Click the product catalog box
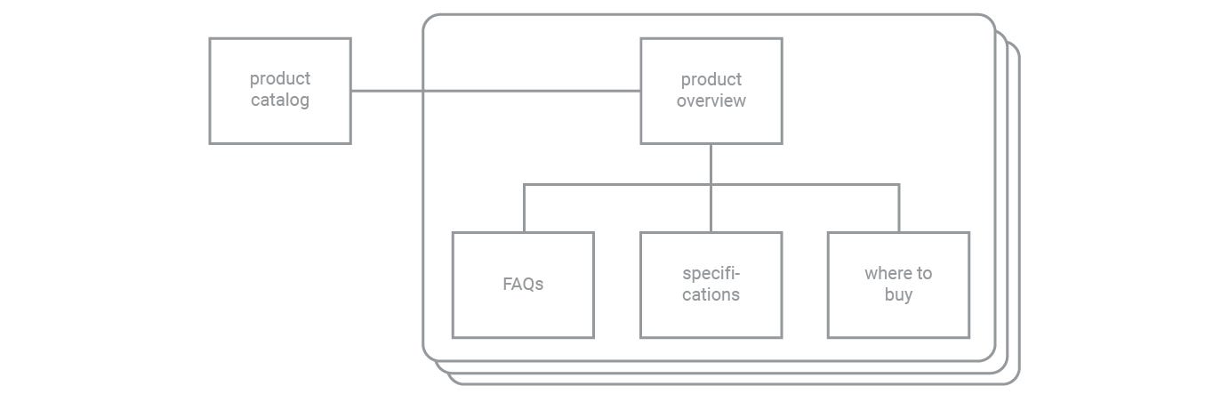coord(280,125)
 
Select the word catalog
coord(280,100)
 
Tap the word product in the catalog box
coord(280,79)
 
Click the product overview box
coord(711,125)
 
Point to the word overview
coord(711,100)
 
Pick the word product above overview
coord(711,80)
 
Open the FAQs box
coord(523,316)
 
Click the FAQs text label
coord(523,285)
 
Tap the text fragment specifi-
coord(711,273)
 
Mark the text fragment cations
coord(711,294)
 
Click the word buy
coord(898,294)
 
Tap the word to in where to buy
coord(924,273)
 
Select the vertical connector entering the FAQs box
coord(524,210)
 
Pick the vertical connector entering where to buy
coord(899,210)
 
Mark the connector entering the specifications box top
coord(711,213)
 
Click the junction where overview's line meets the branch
coord(711,185)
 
